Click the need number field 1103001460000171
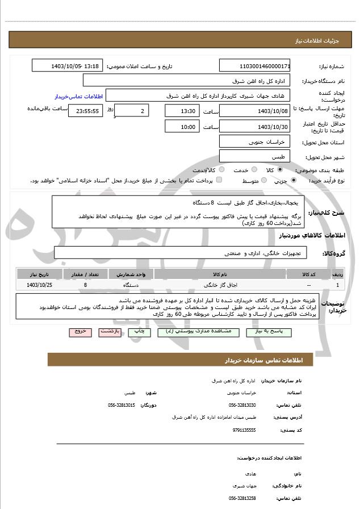255,66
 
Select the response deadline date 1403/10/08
255,110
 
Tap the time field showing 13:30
181,110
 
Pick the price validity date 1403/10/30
255,126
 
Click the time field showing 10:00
181,126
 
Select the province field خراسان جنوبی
255,141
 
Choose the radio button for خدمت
253,170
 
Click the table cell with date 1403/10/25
39,284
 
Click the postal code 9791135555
244,430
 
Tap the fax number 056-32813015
122,405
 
